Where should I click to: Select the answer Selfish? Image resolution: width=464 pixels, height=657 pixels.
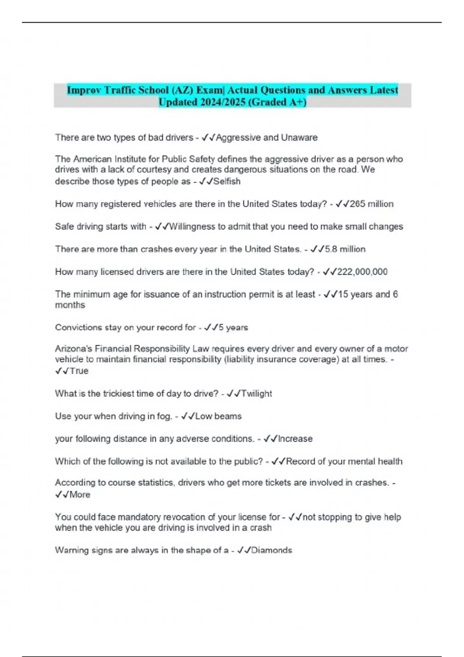pos(227,181)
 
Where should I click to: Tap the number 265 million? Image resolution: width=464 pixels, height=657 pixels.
pos(372,204)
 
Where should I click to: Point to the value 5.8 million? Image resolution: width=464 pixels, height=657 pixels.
pos(345,249)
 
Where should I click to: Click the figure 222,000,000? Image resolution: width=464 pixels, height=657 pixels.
pos(362,272)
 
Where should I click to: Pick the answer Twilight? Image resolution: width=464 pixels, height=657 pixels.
pos(257,393)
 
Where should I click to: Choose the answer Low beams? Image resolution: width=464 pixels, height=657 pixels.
pos(218,416)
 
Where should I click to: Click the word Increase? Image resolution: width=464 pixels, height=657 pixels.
pos(295,439)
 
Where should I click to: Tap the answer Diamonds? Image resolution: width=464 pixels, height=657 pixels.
pos(271,550)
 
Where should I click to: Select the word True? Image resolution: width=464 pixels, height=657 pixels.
pos(79,371)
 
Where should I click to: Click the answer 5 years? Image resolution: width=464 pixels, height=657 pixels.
pos(233,327)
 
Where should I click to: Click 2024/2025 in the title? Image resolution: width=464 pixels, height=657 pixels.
pos(223,102)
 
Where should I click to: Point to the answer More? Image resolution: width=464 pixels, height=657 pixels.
pos(80,495)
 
